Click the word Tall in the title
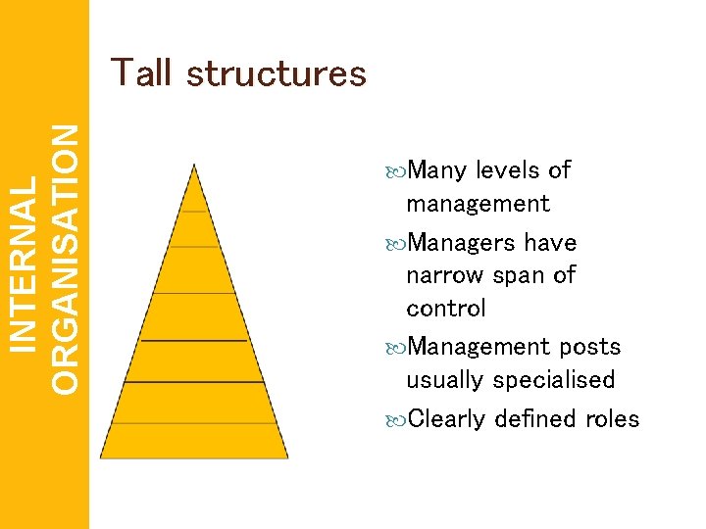[142, 73]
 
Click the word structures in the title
[276, 74]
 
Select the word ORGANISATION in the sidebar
[66, 261]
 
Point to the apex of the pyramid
[195, 167]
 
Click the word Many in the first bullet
[437, 170]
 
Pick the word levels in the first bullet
[508, 170]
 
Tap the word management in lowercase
[478, 205]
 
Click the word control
[445, 308]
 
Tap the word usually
[446, 380]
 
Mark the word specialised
[554, 380]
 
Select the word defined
[535, 419]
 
